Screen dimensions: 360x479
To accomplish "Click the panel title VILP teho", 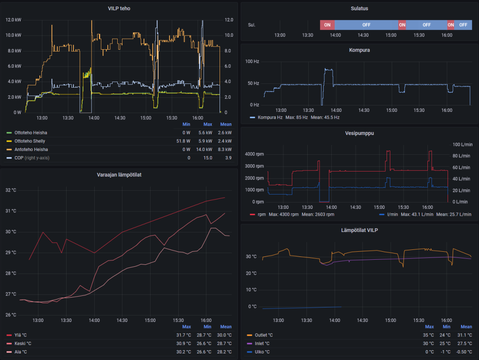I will pos(119,8).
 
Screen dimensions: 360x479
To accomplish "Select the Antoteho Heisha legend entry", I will pos(31,150).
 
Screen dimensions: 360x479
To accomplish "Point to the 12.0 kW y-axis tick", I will pos(13,20).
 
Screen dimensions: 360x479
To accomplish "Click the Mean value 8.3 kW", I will pos(226,150).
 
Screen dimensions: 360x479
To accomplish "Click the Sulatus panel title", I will pos(359,8).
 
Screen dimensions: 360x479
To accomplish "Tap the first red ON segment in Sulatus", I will pos(327,25).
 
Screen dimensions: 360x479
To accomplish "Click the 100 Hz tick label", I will pos(252,61).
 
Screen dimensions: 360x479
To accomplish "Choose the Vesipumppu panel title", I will pos(359,133).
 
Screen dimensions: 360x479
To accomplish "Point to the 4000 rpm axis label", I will pos(254,154).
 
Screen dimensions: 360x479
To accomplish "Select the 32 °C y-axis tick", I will pos(11,190).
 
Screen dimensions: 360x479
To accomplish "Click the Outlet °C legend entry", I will pos(263,335).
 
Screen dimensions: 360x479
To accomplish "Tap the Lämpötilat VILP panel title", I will pos(359,230).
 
